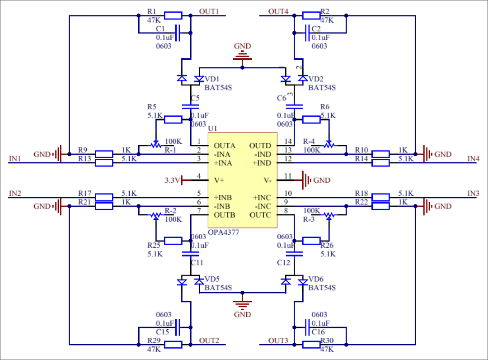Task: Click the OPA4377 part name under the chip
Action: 223,232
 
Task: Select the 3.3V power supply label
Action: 172,180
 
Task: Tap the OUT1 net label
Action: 209,12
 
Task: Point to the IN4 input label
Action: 473,159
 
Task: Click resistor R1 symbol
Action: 173,16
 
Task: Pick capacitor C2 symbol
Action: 307,33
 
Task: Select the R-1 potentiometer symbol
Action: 155,146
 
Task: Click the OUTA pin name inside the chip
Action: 225,146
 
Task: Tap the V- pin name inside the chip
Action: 267,180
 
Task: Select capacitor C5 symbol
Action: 190,107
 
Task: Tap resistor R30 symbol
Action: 311,345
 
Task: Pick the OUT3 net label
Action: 278,340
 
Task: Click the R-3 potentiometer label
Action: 309,219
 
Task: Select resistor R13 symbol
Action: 104,163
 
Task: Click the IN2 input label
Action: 15,193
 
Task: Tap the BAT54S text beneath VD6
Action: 322,288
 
